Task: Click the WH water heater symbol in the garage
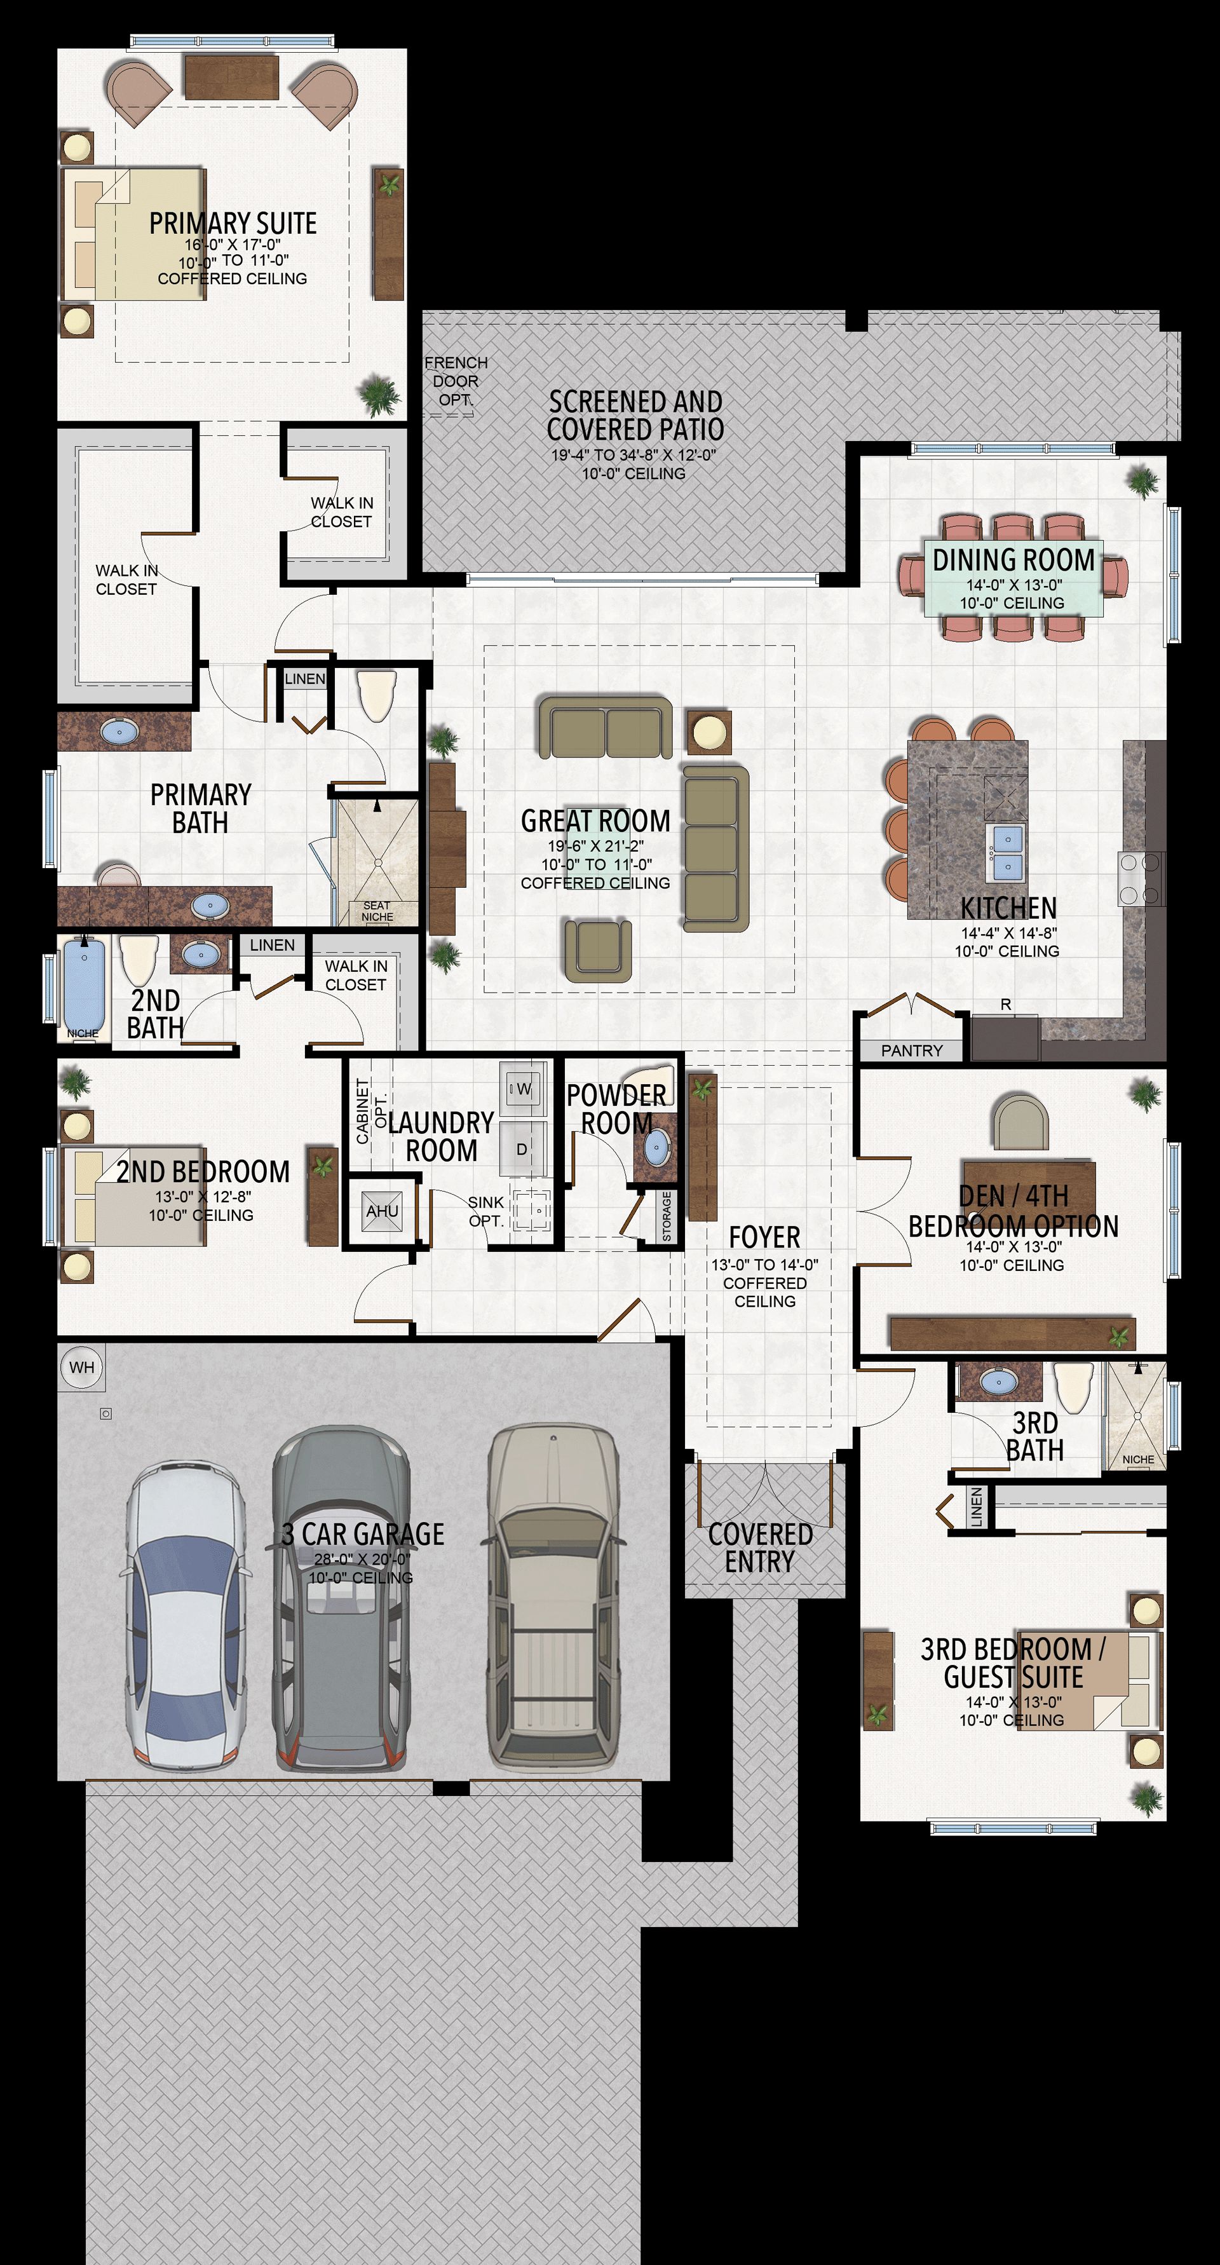pyautogui.click(x=82, y=1367)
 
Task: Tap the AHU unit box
pyautogui.click(x=383, y=1212)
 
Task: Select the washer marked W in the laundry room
pyautogui.click(x=523, y=1089)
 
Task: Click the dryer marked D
pyautogui.click(x=522, y=1149)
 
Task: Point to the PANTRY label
pyautogui.click(x=911, y=1051)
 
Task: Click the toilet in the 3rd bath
pyautogui.click(x=1073, y=1387)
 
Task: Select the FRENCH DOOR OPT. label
pyautogui.click(x=456, y=381)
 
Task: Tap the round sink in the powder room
pyautogui.click(x=656, y=1148)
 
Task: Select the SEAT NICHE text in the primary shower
pyautogui.click(x=377, y=911)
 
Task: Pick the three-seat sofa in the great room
pyautogui.click(x=715, y=848)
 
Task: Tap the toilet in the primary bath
pyautogui.click(x=379, y=695)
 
